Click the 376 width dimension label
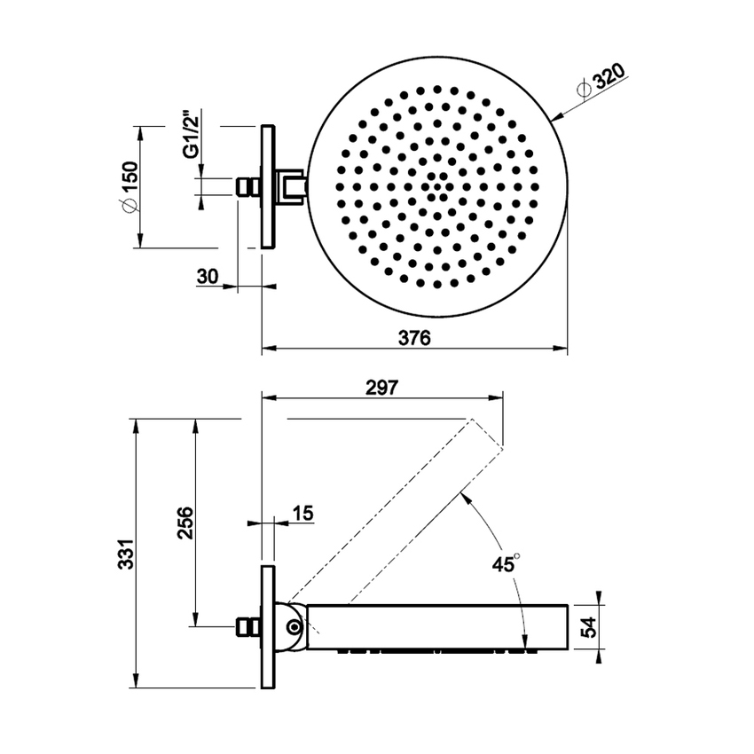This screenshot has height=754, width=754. (x=412, y=338)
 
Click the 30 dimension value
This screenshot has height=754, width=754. (x=207, y=276)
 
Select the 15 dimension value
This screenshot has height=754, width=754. (x=302, y=513)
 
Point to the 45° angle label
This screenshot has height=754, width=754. (x=505, y=564)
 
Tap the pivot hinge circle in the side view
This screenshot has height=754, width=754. (x=294, y=627)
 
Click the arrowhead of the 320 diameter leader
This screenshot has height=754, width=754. (x=555, y=116)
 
